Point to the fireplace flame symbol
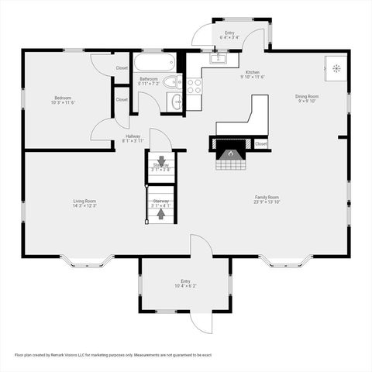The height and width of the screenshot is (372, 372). pyautogui.click(x=229, y=154)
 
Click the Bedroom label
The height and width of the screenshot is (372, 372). pyautogui.click(x=63, y=97)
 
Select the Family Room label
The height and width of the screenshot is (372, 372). pyautogui.click(x=267, y=197)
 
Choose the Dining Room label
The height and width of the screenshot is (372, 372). pyautogui.click(x=307, y=97)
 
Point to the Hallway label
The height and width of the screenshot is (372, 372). pyautogui.click(x=133, y=136)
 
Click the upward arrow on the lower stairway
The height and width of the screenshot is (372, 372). pyautogui.click(x=160, y=215)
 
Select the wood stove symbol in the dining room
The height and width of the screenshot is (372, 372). pyautogui.click(x=336, y=68)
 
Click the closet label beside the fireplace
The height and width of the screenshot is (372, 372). pyautogui.click(x=260, y=143)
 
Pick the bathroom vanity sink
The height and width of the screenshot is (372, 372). pyautogui.click(x=177, y=101)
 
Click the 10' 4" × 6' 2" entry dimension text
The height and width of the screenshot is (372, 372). pyautogui.click(x=185, y=286)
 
